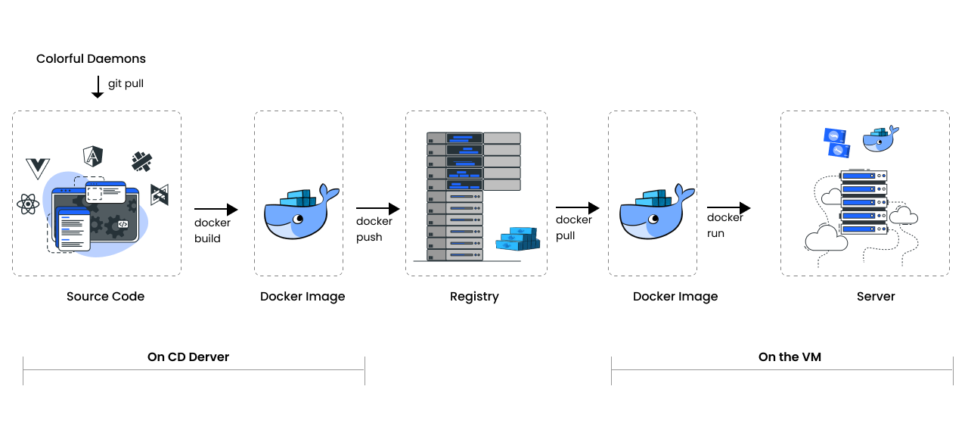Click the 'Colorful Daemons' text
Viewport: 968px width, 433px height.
tap(91, 59)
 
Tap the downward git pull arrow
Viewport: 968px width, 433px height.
tap(98, 86)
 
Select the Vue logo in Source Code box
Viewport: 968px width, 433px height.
tap(37, 168)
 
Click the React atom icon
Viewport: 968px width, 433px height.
tap(28, 204)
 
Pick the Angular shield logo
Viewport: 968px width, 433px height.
tap(93, 157)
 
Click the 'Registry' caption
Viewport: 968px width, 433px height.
tap(474, 297)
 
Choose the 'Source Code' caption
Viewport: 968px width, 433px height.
tap(105, 297)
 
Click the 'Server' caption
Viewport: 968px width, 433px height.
tap(876, 297)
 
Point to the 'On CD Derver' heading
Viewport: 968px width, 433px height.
tap(188, 357)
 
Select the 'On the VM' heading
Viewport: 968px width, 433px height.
tap(790, 357)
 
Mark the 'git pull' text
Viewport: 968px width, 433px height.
tap(126, 83)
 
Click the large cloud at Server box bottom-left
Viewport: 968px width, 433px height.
tap(826, 241)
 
